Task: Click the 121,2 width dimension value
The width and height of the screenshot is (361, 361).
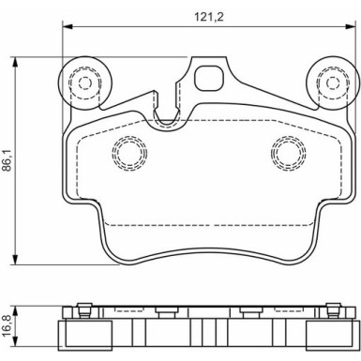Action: pyautogui.click(x=209, y=17)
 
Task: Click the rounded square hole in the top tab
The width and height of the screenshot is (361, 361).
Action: pyautogui.click(x=209, y=78)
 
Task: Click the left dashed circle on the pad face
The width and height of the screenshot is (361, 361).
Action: pyautogui.click(x=129, y=153)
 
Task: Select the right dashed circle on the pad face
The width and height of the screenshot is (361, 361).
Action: pyautogui.click(x=289, y=153)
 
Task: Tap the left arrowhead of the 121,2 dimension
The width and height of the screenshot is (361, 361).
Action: pyautogui.click(x=68, y=26)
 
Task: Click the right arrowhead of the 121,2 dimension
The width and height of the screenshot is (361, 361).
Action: pyautogui.click(x=351, y=26)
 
